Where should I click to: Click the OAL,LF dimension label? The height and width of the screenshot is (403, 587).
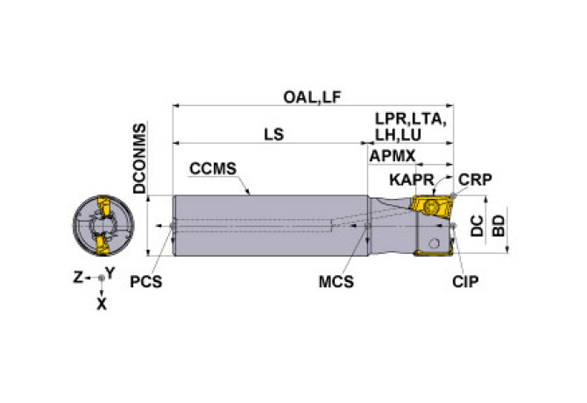coord(312,97)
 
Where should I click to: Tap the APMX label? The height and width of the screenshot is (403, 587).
coord(387,155)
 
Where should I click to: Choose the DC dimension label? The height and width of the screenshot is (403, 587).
coord(477,226)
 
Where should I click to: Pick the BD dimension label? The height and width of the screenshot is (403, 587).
coord(498,226)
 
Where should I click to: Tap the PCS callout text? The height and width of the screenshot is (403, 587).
coord(146,282)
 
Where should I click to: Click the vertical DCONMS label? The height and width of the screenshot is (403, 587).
coord(139,158)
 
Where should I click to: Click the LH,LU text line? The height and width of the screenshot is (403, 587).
coord(399,135)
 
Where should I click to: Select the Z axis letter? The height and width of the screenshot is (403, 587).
coord(77,277)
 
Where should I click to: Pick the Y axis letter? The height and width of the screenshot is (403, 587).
coord(110,272)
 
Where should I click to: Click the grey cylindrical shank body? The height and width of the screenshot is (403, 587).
coord(263,225)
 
